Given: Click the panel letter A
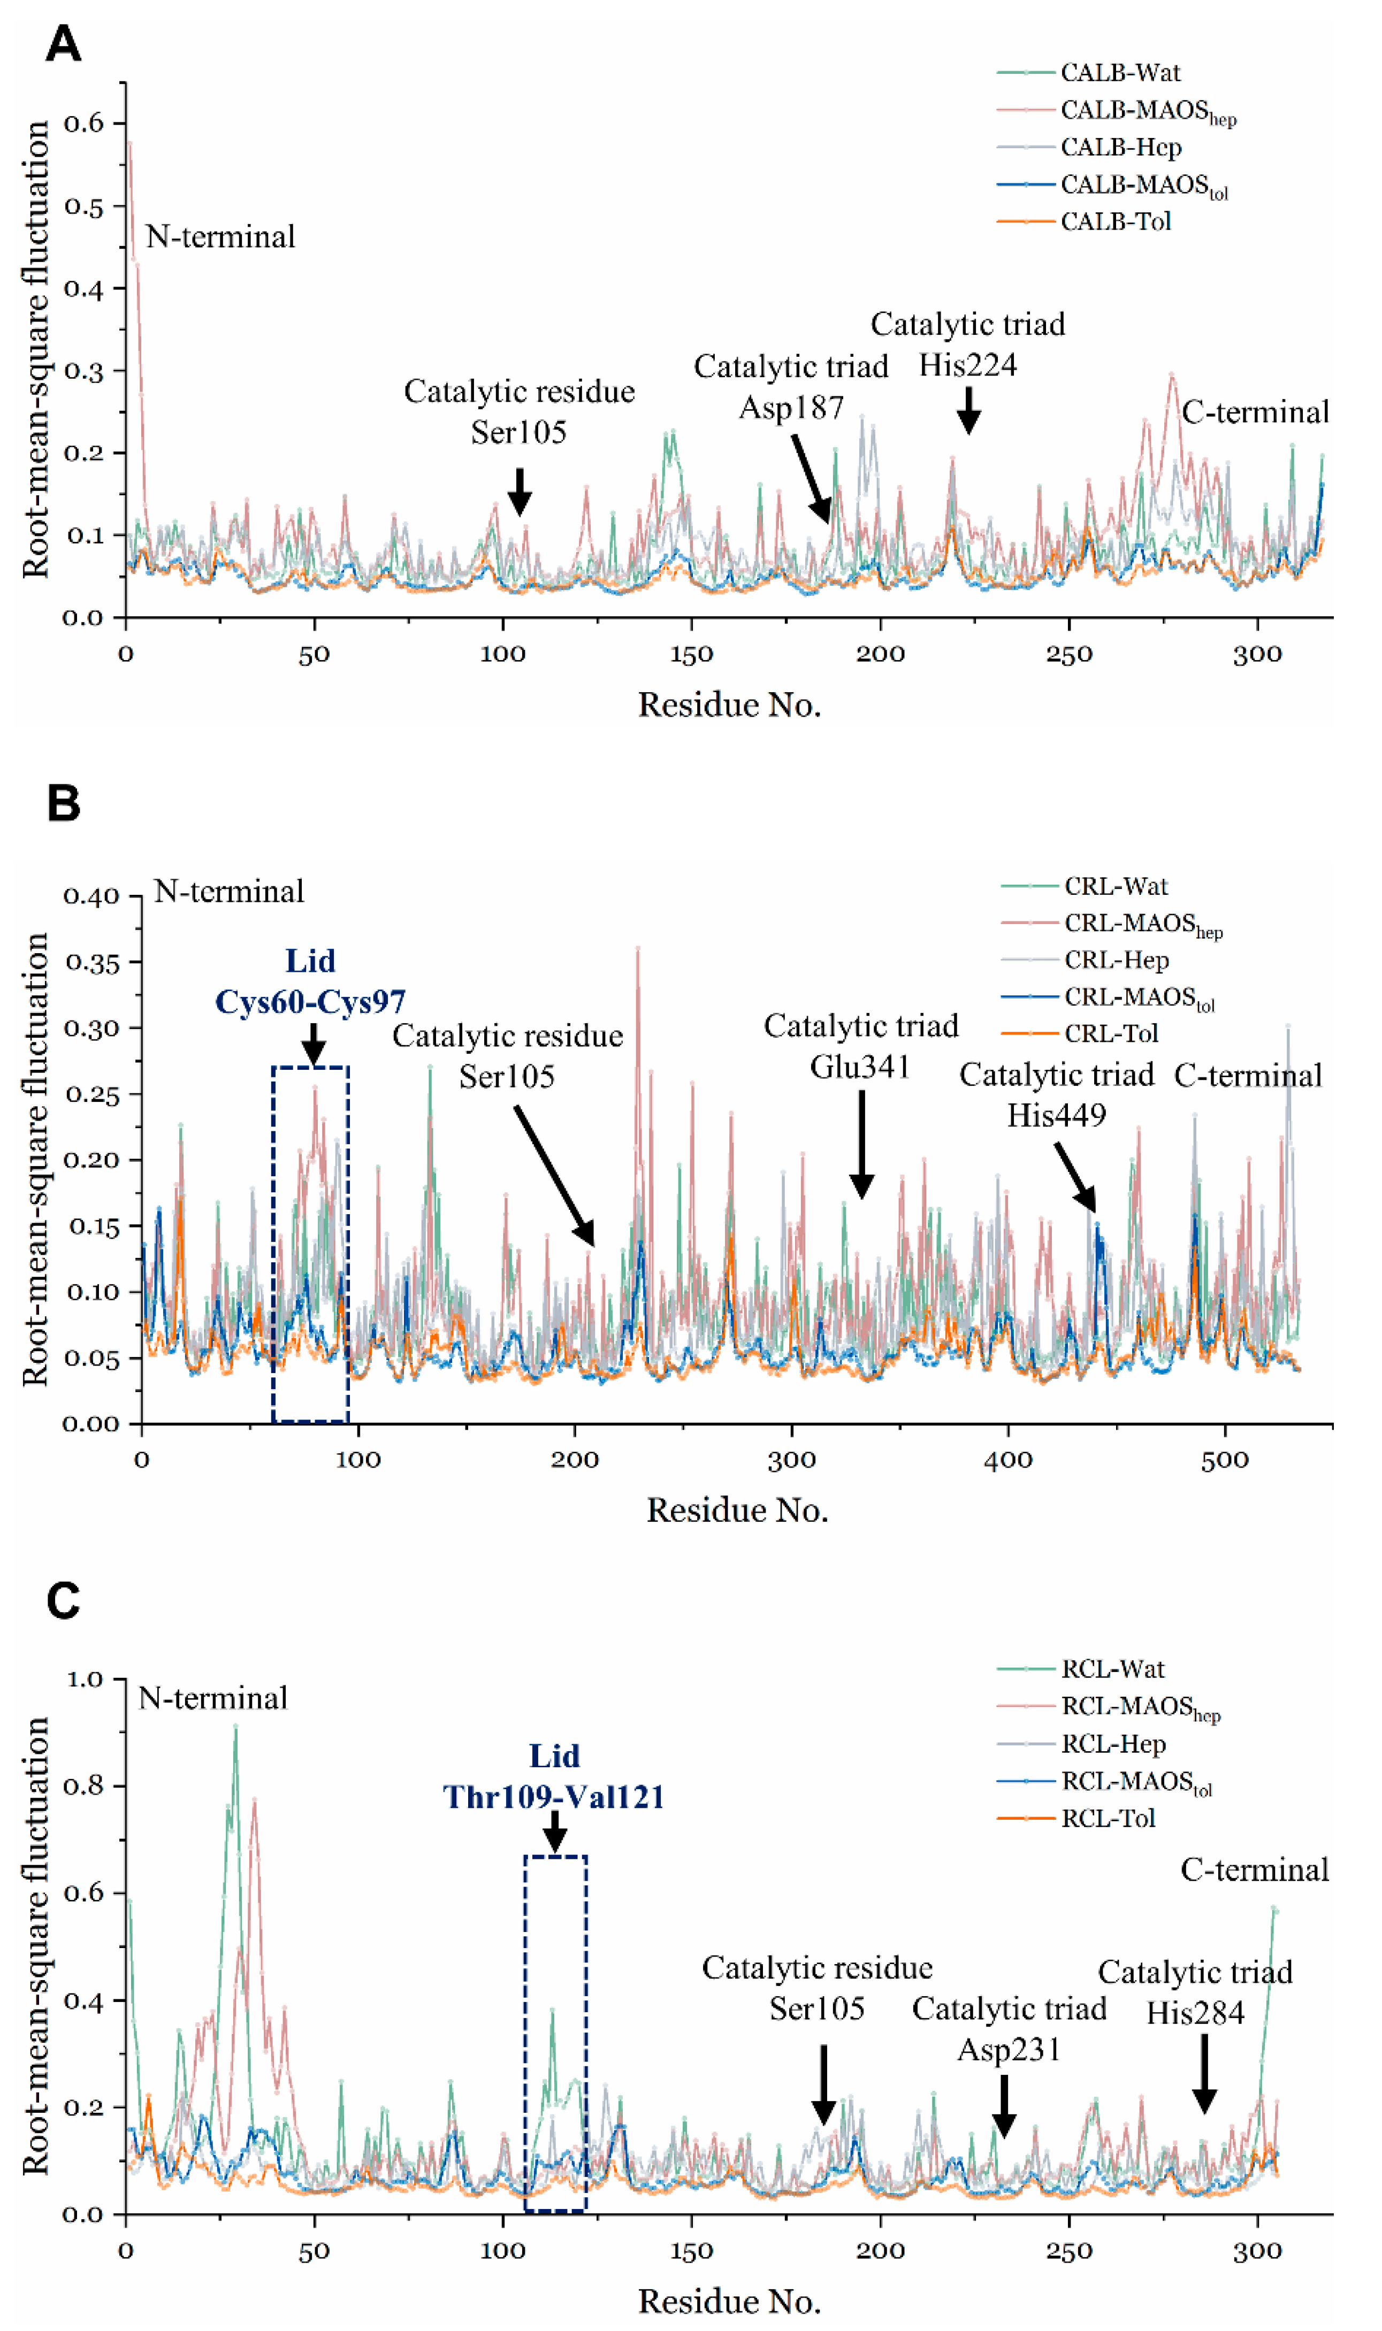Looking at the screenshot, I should [63, 44].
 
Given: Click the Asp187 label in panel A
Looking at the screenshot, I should [791, 408].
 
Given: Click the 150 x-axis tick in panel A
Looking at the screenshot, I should [691, 655].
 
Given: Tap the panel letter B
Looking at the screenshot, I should [63, 802].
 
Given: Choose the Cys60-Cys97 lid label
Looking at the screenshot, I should [310, 1002].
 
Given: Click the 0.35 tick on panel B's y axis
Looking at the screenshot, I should [92, 963].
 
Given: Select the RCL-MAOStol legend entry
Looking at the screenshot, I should [1136, 1782].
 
